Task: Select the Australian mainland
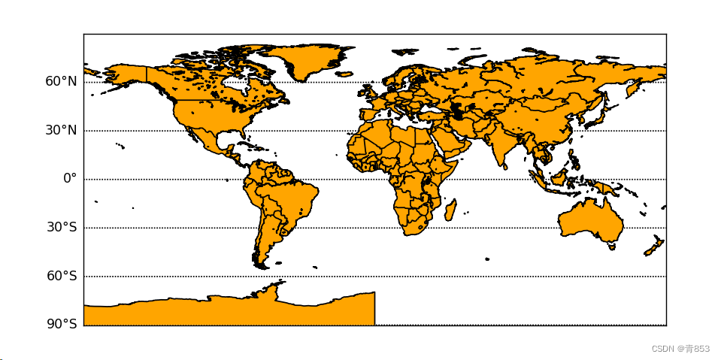(590, 219)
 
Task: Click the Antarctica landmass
(226, 310)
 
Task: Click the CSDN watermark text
(680, 349)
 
